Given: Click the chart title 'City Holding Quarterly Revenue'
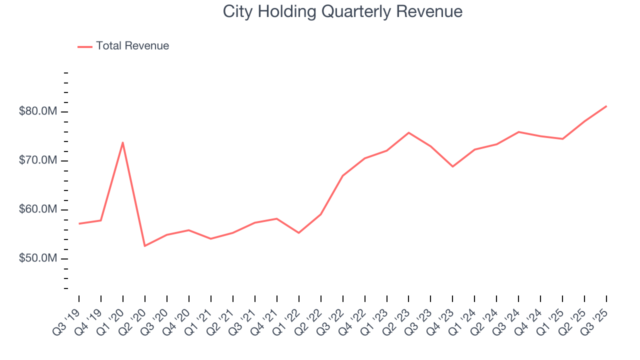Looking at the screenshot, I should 342,11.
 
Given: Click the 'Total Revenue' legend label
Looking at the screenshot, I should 132,46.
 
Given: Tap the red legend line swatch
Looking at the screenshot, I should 85,46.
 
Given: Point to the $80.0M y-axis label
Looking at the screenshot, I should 38,111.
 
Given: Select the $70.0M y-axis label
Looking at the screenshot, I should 38,160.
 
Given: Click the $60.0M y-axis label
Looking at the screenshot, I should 38,209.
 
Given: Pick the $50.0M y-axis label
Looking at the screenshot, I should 38,258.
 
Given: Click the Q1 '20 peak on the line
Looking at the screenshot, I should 123,142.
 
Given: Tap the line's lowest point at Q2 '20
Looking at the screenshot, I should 145,246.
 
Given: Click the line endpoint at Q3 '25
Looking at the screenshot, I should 606,106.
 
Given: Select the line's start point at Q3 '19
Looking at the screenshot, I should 79,223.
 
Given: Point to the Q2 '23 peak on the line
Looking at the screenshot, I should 408,132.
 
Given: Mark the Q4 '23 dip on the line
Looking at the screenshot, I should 452,166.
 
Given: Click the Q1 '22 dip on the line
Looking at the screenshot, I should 298,233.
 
